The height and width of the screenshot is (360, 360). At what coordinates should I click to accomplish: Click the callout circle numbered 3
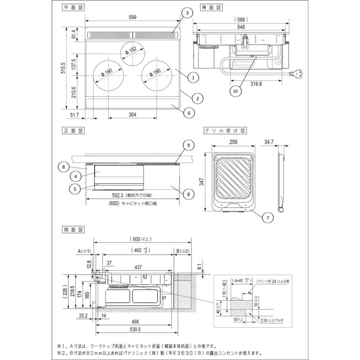click(187, 13)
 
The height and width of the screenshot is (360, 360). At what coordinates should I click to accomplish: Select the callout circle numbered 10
click(236, 91)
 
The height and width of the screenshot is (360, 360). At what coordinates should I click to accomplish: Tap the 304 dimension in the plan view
click(133, 115)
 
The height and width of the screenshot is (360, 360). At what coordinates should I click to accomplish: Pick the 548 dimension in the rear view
click(240, 27)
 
